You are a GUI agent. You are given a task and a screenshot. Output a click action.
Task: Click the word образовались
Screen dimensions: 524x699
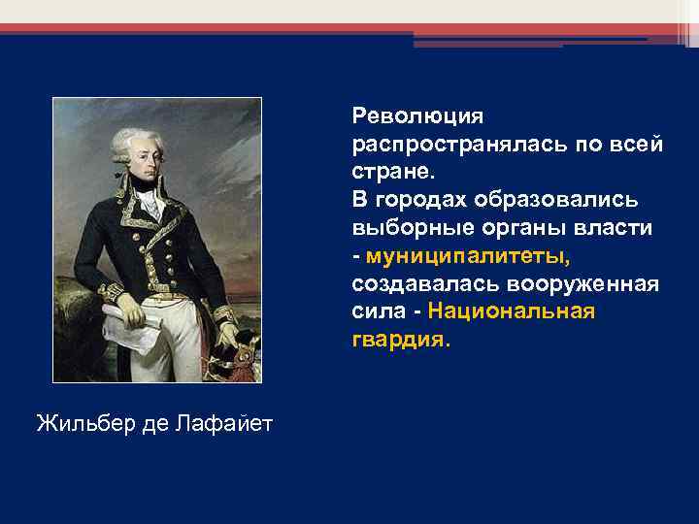(x=556, y=200)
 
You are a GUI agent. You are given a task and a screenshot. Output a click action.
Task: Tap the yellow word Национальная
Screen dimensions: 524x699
(x=511, y=312)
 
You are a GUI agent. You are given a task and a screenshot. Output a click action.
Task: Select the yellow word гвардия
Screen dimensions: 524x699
(x=400, y=341)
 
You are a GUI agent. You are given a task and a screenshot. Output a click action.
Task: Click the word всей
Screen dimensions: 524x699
(x=642, y=145)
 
